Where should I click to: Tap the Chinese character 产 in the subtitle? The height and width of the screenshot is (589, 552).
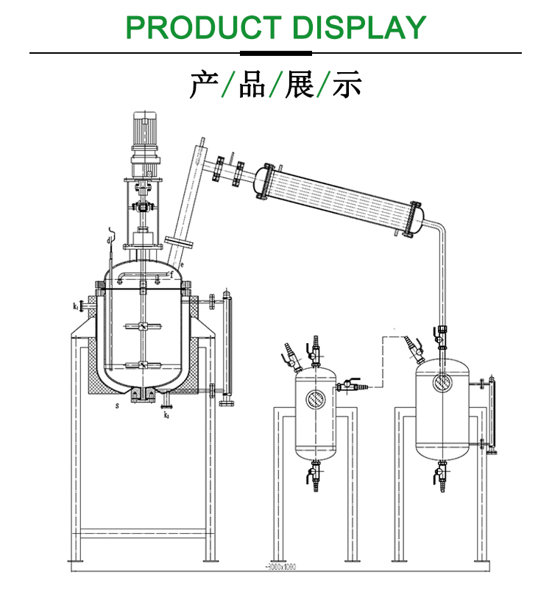coord(203,85)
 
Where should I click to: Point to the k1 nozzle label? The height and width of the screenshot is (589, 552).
coord(76,306)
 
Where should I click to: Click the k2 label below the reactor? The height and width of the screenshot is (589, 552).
coord(166,415)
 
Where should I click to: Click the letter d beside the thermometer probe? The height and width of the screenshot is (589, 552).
coord(108,240)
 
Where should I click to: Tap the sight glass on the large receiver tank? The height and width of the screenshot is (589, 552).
coord(442,381)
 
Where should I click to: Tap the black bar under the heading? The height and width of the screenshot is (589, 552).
coord(276,53)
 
